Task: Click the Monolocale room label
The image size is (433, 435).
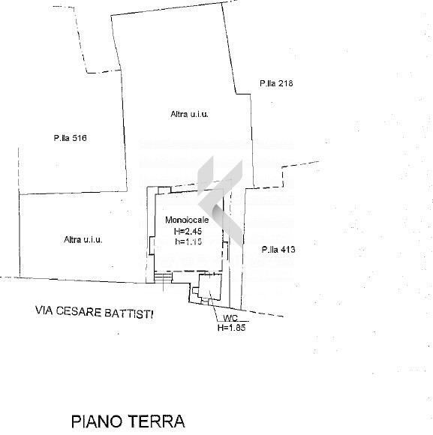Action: tap(187, 220)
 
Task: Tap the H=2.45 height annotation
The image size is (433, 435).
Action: tap(188, 231)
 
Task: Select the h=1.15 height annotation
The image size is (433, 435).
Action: tap(188, 241)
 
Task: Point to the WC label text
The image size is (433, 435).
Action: tap(230, 318)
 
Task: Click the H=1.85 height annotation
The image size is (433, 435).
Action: tap(231, 328)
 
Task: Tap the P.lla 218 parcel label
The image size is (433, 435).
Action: tap(276, 83)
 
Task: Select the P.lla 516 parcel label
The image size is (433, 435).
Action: tap(71, 138)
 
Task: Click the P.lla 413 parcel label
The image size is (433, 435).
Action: tap(278, 250)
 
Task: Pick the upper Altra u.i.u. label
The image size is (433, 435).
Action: tap(190, 114)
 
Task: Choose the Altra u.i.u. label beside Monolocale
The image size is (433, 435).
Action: tap(83, 239)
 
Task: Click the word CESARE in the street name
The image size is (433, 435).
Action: tap(79, 312)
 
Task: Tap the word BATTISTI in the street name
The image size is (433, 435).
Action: tap(129, 313)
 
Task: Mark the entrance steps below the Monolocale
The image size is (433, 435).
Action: tap(163, 277)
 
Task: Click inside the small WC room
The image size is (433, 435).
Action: tap(210, 286)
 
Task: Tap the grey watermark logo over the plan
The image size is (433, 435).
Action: tap(220, 201)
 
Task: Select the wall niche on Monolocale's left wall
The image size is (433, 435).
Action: tap(152, 245)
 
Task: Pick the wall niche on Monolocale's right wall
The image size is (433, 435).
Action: tap(225, 250)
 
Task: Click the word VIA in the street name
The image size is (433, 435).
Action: tap(44, 310)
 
